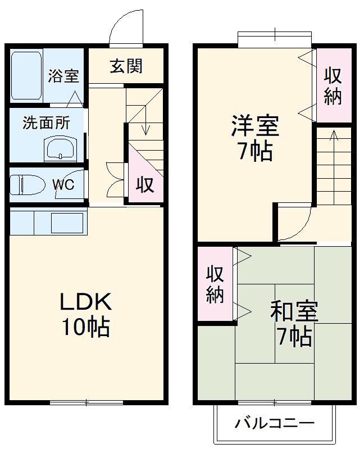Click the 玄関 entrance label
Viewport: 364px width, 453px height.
tap(126, 66)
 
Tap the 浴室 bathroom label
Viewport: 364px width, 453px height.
tap(63, 76)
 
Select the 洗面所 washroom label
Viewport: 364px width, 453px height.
tap(46, 123)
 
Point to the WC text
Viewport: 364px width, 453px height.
tap(63, 185)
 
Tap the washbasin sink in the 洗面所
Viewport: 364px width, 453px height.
tap(59, 150)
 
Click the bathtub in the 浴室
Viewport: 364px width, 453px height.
tap(26, 75)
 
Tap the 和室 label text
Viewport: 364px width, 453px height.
tap(294, 311)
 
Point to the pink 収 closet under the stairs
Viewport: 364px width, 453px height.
tap(145, 184)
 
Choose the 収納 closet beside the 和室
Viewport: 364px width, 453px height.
tap(215, 284)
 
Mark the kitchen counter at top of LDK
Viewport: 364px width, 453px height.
tap(48, 221)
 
